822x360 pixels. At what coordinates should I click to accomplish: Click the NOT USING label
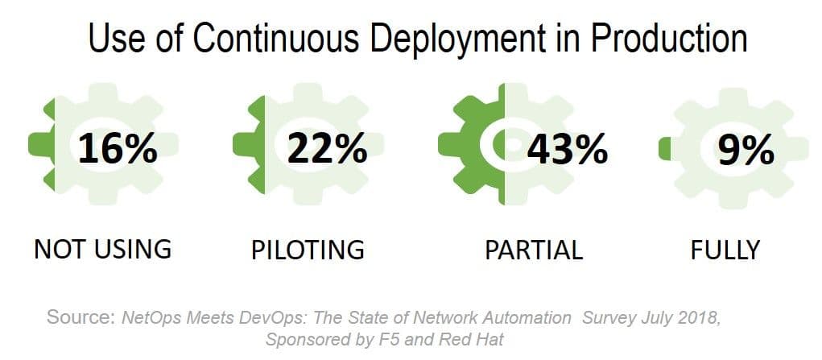[x=102, y=249]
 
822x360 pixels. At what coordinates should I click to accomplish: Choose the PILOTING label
[x=308, y=250]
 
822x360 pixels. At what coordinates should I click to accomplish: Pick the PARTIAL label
[x=534, y=250]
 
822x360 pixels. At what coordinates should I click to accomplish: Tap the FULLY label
[x=725, y=250]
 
